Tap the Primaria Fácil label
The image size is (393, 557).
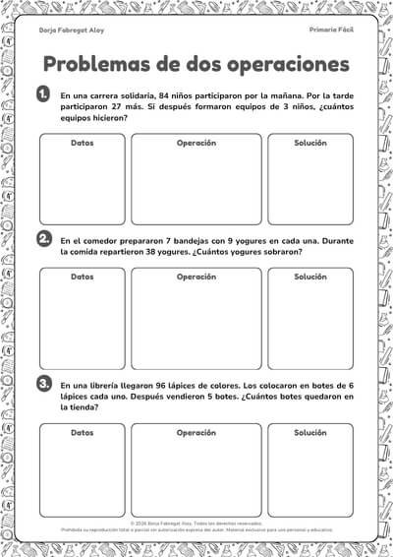(331, 31)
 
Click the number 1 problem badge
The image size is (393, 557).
(43, 93)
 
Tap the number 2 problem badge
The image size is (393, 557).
(43, 239)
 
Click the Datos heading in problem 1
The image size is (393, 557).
(83, 144)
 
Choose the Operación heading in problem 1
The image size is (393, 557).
(196, 144)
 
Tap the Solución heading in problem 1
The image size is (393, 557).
(310, 144)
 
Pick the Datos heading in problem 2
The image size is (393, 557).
(83, 278)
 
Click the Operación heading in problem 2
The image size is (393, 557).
(196, 278)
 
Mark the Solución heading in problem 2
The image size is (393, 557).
(310, 278)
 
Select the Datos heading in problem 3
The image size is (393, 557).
(83, 433)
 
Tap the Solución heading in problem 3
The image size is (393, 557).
(310, 433)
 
